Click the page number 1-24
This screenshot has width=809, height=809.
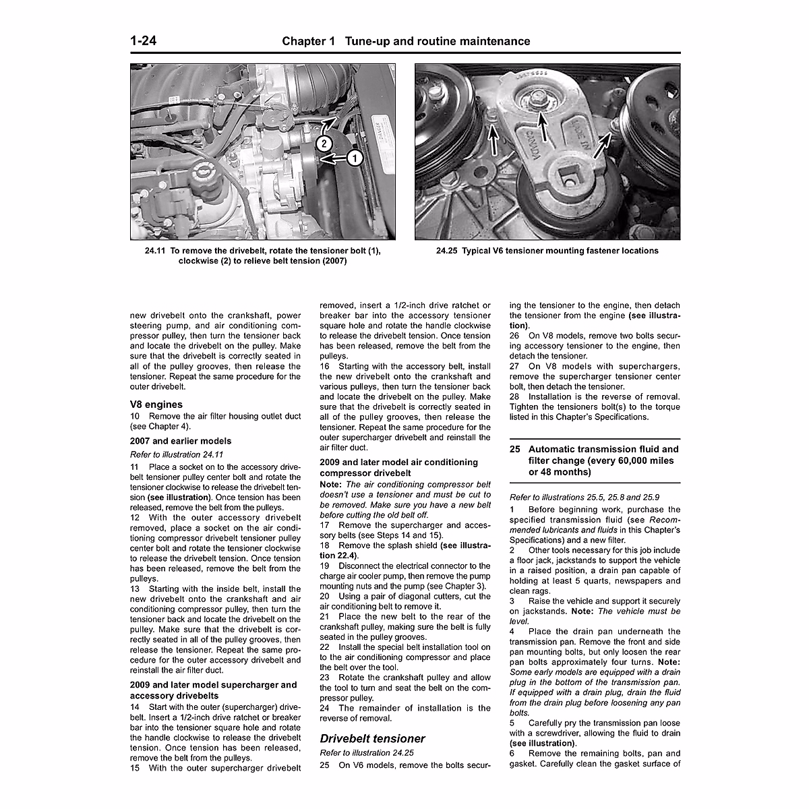point(144,41)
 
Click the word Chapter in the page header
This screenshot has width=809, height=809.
point(309,41)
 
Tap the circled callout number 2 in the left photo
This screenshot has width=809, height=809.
point(324,143)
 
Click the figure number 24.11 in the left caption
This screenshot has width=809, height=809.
point(155,251)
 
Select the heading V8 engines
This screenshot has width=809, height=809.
point(156,404)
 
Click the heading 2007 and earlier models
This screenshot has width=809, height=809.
point(180,441)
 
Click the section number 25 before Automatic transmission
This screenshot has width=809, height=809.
point(516,449)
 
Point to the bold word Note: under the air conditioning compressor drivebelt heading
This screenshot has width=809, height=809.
point(331,484)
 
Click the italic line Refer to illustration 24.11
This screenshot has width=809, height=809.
point(176,454)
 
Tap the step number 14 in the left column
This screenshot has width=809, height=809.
point(135,707)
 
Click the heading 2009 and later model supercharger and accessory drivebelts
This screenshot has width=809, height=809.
point(213,690)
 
